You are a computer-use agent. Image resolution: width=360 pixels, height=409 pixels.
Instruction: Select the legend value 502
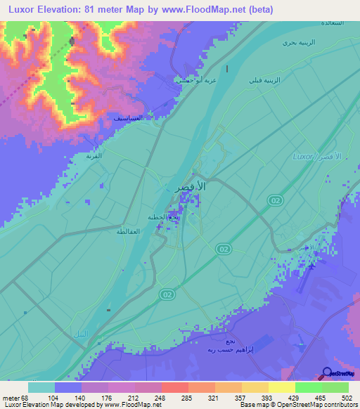click(345, 398)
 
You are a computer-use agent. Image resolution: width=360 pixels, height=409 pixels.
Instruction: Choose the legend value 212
click(148, 398)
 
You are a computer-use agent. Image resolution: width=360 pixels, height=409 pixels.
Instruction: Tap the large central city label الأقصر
click(190, 188)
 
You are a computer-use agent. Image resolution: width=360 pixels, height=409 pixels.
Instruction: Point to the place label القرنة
click(94, 156)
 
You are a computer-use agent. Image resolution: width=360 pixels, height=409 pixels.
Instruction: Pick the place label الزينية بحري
click(297, 43)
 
